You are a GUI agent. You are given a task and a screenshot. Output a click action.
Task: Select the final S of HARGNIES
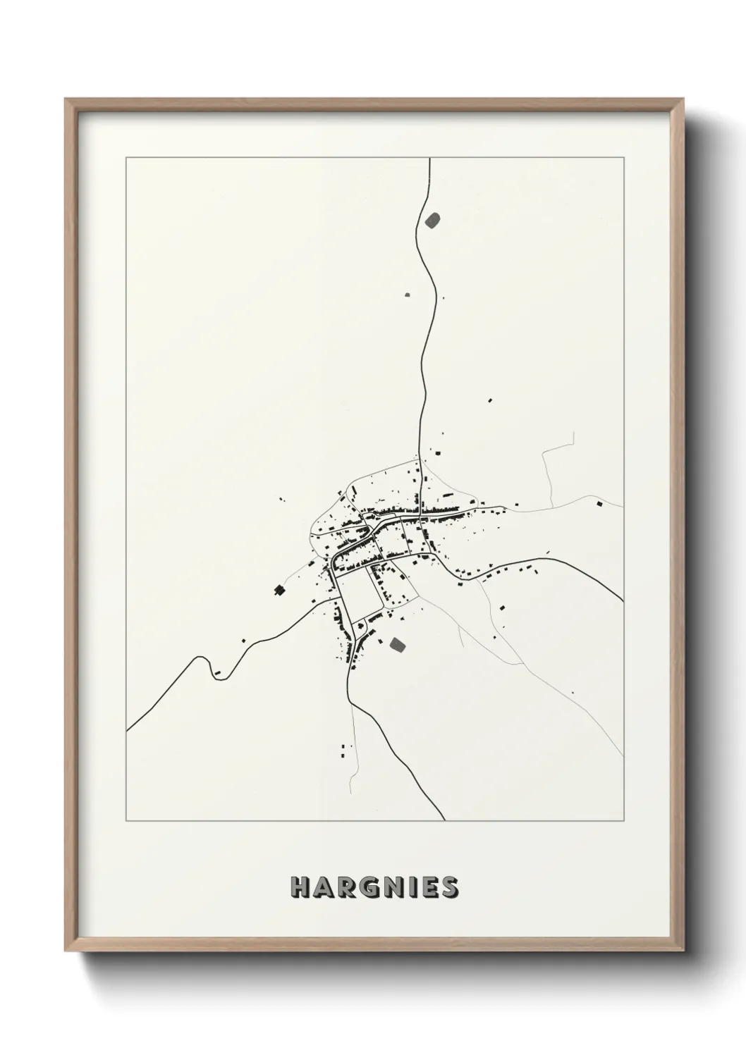coord(448,887)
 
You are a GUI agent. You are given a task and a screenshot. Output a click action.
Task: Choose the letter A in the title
coord(324,887)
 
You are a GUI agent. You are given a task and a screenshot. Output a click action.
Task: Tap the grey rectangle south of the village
coord(398,644)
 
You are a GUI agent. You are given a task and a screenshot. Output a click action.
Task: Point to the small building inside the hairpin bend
coord(218,674)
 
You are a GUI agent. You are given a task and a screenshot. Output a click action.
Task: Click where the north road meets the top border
coord(429,159)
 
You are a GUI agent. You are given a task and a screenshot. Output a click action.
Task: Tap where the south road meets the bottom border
coord(444,820)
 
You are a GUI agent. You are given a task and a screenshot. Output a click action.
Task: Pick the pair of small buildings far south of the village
coord(345,749)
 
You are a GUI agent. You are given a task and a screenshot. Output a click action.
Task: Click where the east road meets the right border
coord(623,600)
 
